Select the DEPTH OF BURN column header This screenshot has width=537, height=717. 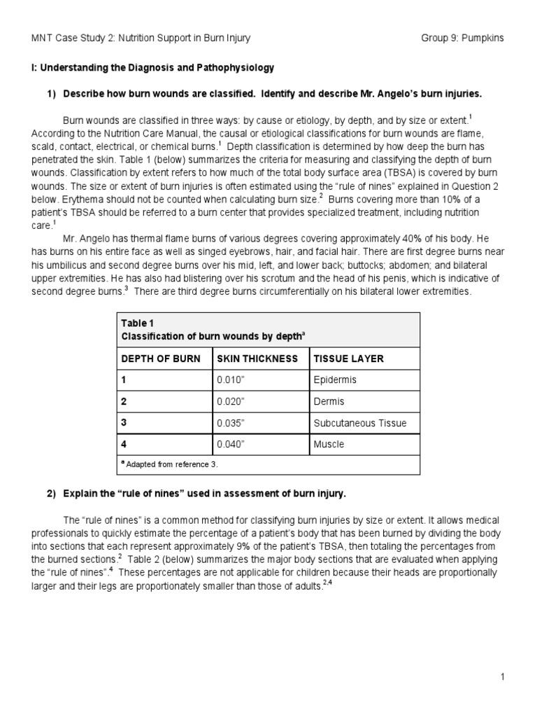[161, 358]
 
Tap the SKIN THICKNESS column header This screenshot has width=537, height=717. [257, 358]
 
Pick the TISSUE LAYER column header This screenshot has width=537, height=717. [348, 358]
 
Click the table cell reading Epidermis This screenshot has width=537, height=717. [335, 380]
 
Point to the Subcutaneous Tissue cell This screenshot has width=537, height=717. [359, 423]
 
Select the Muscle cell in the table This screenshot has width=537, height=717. [329, 444]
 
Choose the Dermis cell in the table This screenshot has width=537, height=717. [329, 401]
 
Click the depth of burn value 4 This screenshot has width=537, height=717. [124, 444]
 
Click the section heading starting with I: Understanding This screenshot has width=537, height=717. [152, 68]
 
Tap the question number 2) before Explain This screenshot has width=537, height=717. [52, 494]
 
